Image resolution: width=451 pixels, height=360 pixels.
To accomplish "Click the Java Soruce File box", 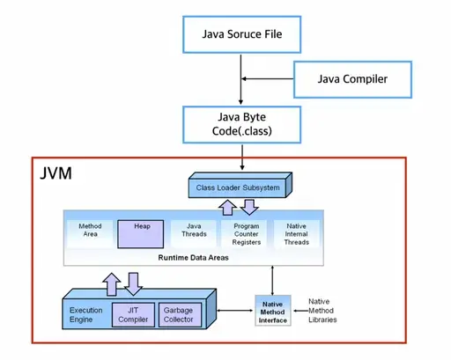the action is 241,34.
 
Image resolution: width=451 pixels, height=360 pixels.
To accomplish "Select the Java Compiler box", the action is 352,79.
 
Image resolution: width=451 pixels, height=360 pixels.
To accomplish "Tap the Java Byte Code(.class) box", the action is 241,125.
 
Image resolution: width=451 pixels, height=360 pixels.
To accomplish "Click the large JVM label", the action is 55,173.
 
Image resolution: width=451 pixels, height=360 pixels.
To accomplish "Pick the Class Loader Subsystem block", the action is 240,185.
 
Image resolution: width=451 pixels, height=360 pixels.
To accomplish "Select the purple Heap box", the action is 141,234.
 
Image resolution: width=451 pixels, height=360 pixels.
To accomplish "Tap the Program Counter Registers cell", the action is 247,234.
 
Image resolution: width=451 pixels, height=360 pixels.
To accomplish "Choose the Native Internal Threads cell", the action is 297,234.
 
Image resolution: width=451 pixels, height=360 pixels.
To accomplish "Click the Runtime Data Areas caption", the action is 193,258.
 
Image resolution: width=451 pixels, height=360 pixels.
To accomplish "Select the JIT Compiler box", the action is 133,315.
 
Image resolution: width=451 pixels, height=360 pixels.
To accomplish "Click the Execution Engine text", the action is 86,315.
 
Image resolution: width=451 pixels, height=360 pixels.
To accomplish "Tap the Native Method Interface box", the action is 273,311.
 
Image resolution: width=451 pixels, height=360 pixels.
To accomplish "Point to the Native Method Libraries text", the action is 322,311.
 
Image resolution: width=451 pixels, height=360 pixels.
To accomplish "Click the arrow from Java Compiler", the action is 267,79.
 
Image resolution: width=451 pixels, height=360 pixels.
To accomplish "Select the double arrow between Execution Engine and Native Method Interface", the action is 235,311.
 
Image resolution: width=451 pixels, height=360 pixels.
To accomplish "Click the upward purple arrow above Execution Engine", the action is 112,284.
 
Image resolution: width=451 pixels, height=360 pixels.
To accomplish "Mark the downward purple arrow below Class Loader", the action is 249,207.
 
